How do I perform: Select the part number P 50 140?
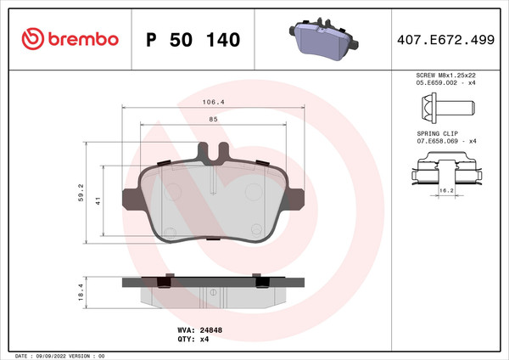pyautogui.click(x=193, y=40)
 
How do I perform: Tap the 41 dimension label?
pyautogui.click(x=98, y=201)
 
